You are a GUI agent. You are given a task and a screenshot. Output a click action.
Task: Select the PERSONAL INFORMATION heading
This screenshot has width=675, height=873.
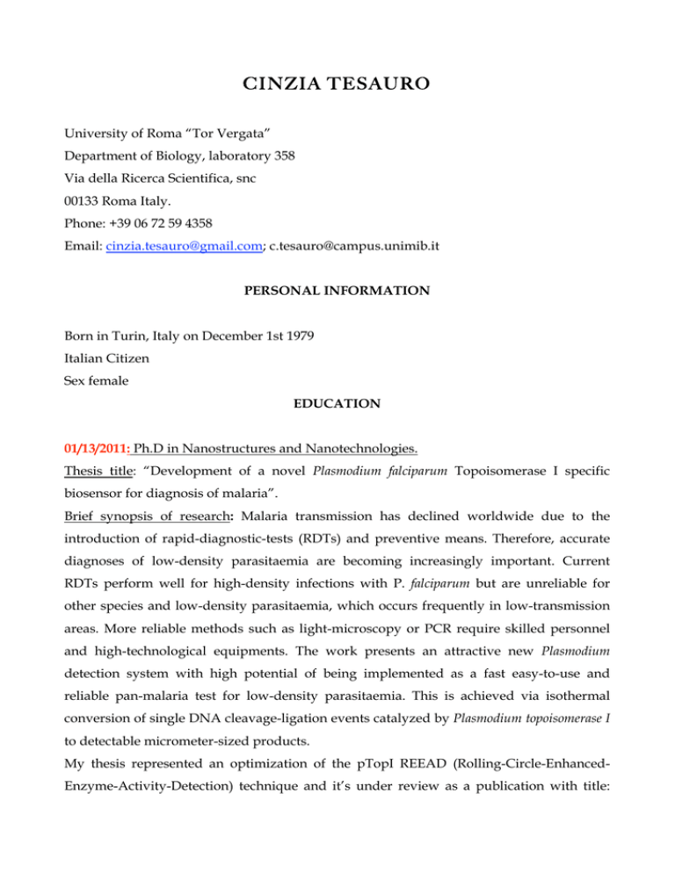tap(337, 289)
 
